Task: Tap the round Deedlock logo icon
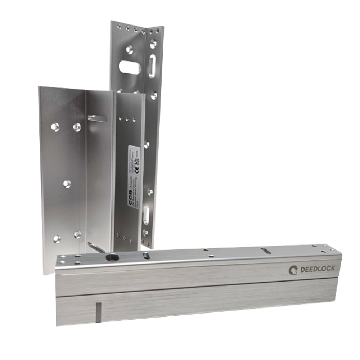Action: pyautogui.click(x=293, y=269)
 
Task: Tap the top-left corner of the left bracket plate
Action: pyautogui.click(x=38, y=86)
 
